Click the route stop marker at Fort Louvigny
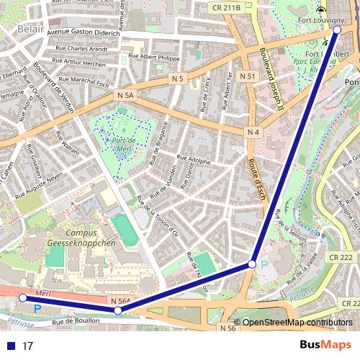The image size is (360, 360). [337, 30]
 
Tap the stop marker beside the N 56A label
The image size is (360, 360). [118, 310]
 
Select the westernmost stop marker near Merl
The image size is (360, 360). [22, 297]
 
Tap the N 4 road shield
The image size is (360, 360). [253, 132]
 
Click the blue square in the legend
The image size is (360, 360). [9, 346]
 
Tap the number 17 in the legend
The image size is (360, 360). [28, 346]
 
